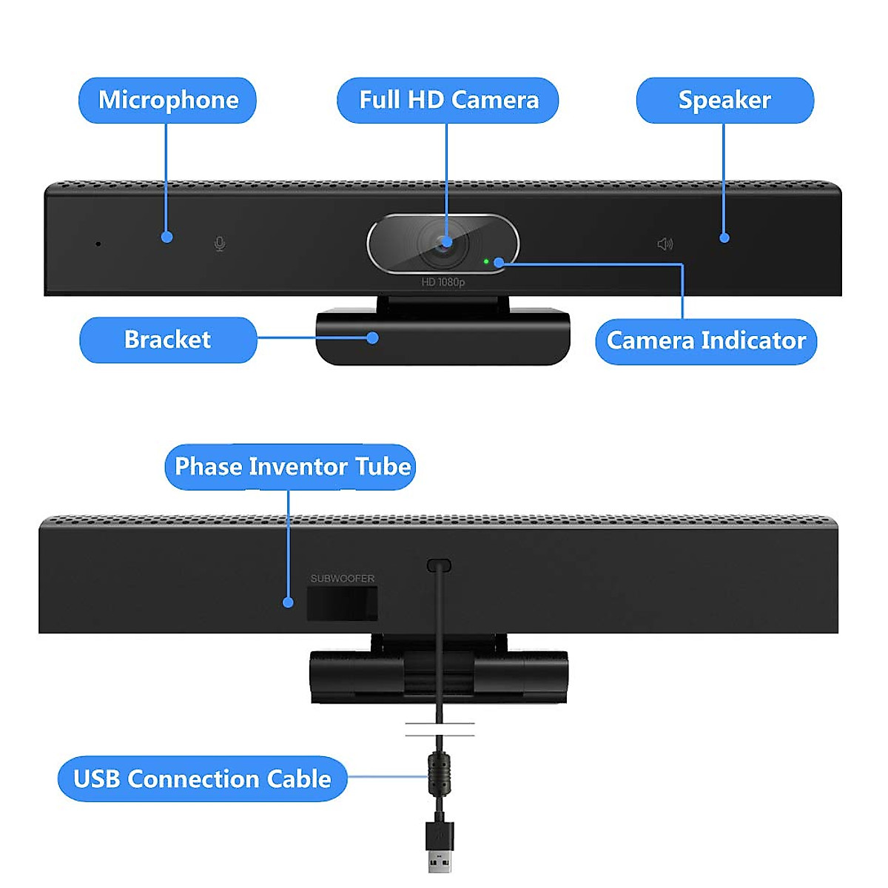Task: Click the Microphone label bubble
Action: [x=167, y=100]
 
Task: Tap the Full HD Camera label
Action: [x=448, y=100]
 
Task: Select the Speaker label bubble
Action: [x=724, y=100]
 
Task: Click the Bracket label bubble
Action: [x=168, y=340]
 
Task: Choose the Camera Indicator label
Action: [x=706, y=340]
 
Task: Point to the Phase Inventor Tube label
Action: [x=291, y=466]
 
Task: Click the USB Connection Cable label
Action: [x=202, y=778]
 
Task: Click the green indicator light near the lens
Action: [x=486, y=261]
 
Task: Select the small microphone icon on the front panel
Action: [x=220, y=243]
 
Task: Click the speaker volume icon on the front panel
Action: [x=665, y=243]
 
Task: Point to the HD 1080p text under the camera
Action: [x=443, y=282]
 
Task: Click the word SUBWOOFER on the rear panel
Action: [x=343, y=579]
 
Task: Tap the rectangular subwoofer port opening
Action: [x=343, y=603]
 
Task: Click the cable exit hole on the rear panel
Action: [x=439, y=565]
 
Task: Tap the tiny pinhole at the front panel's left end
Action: [x=98, y=243]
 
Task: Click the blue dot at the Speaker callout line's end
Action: [x=724, y=238]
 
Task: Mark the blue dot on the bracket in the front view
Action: [x=373, y=338]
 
